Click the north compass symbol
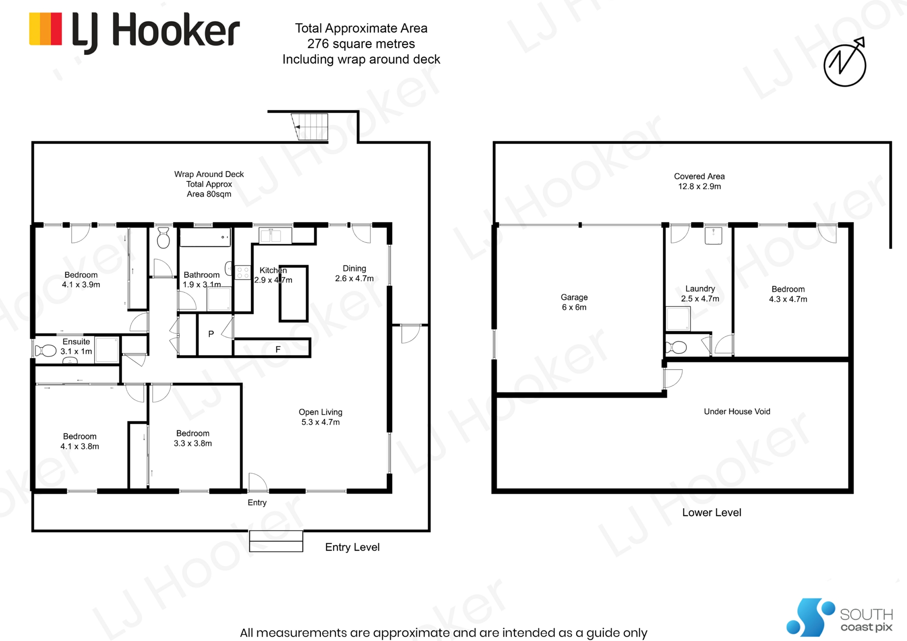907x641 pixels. (845, 62)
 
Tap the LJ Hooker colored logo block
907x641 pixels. (45, 29)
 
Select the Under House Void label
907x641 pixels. (737, 411)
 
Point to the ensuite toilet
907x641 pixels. (46, 350)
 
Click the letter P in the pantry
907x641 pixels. (211, 334)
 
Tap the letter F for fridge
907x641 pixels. (278, 350)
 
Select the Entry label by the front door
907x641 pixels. (257, 503)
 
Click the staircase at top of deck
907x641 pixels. (310, 127)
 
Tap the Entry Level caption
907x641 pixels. (352, 547)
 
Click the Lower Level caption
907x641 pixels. (711, 513)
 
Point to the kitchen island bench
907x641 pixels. (293, 293)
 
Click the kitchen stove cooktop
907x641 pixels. (242, 272)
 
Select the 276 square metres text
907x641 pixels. (361, 44)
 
